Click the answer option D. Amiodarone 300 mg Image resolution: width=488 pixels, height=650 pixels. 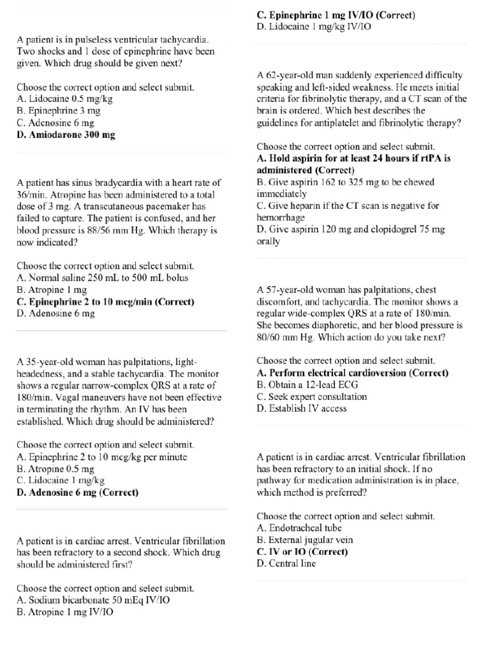tap(65, 135)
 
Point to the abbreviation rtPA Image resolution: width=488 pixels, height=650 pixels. tap(419, 159)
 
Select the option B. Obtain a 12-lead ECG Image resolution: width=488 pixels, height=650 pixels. tap(306, 385)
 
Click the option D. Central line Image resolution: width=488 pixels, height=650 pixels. tap(286, 564)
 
